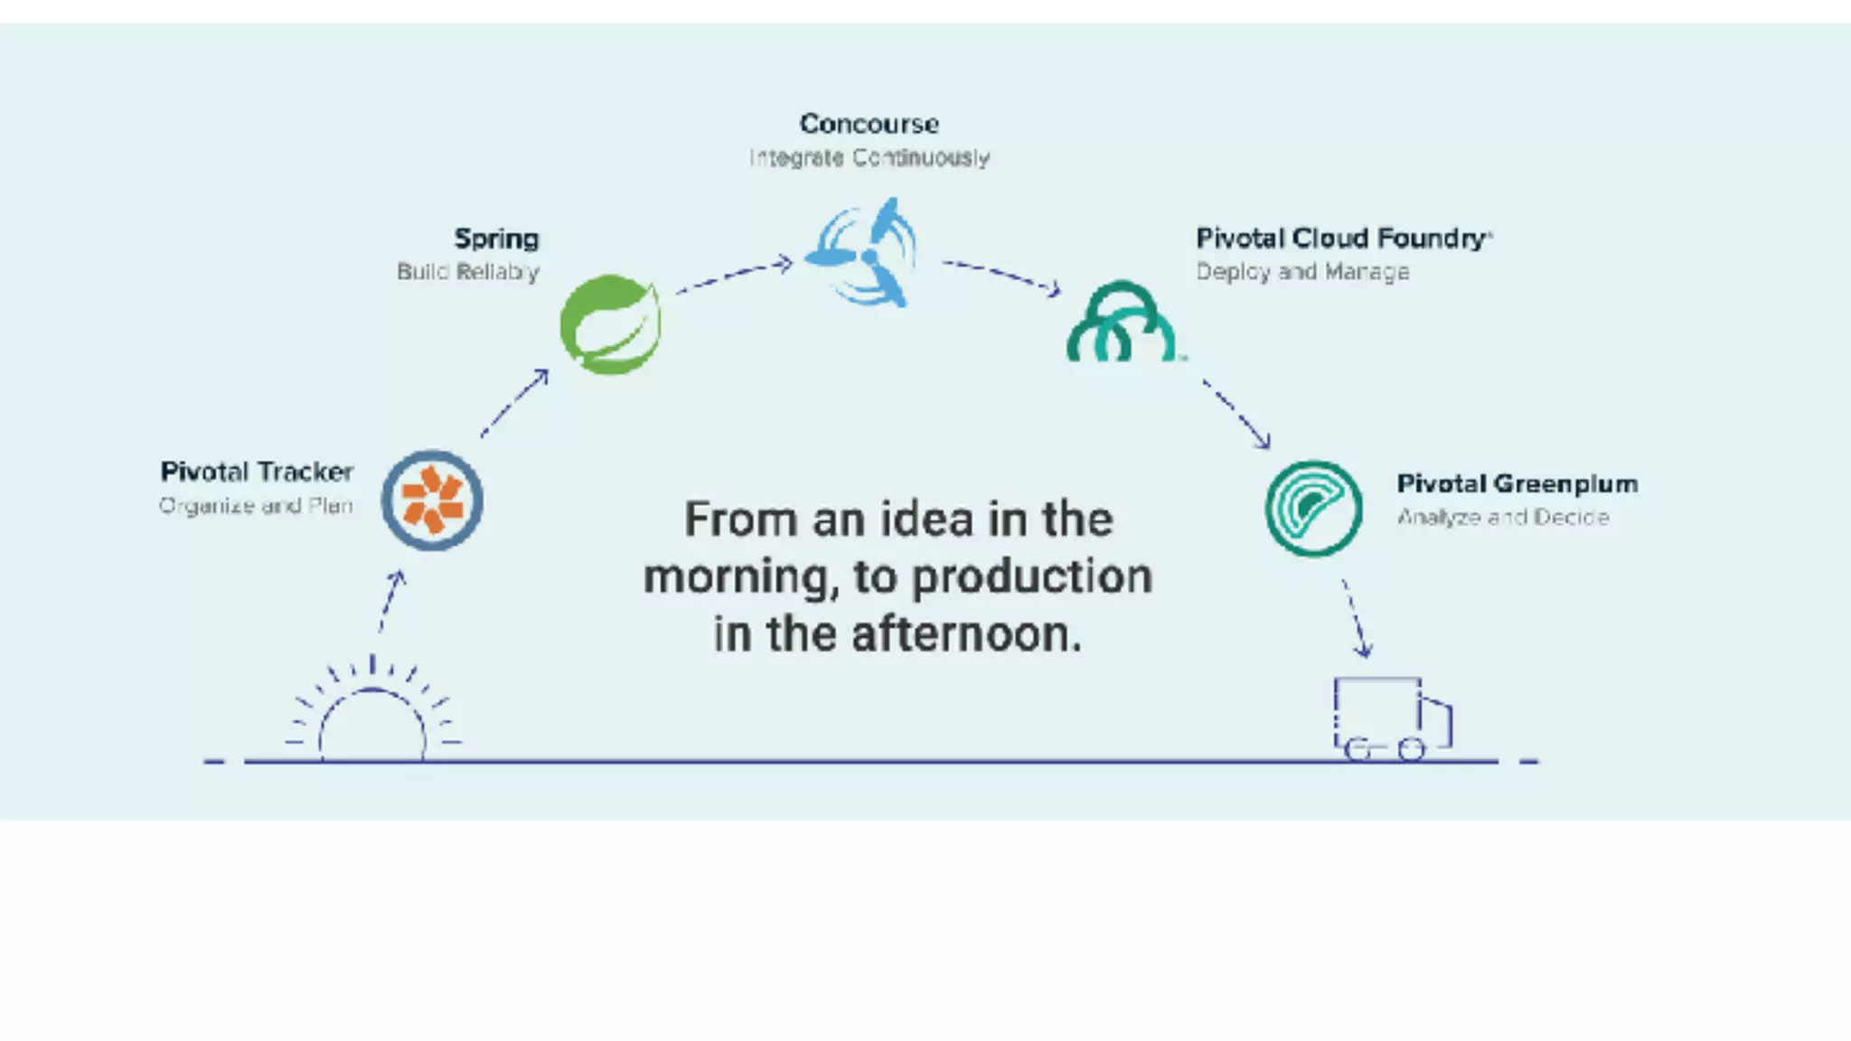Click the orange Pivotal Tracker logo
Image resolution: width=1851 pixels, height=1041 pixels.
tap(432, 501)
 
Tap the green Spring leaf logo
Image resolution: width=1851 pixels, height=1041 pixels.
tap(610, 324)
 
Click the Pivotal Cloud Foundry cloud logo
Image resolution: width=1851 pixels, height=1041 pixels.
tap(1122, 323)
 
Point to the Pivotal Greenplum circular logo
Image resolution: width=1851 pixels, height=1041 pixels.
tap(1313, 508)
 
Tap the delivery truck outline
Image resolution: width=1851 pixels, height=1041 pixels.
tap(1391, 718)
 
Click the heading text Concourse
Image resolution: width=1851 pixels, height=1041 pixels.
tap(869, 124)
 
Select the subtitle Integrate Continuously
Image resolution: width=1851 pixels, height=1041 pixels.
tap(869, 158)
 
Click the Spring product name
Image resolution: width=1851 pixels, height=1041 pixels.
tap(496, 239)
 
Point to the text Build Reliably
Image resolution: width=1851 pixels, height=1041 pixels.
tap(468, 272)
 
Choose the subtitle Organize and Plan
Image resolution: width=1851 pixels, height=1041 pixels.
tap(256, 506)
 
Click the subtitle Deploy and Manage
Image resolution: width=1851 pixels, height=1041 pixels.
tap(1302, 272)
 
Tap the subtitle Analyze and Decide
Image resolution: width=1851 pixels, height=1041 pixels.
tap(1502, 518)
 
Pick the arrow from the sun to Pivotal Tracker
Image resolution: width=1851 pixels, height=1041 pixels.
tap(391, 601)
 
